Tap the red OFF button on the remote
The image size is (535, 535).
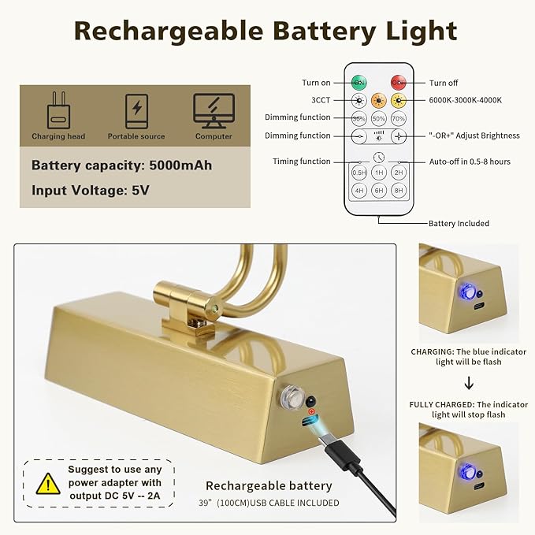399,83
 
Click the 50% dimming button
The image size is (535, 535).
379,118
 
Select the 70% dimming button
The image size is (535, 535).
399,118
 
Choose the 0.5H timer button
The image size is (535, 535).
359,172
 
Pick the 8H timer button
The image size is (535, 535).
399,190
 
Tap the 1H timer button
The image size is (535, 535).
379,172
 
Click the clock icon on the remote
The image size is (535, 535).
379,157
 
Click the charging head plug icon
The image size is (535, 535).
59,110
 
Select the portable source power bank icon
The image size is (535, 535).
136,110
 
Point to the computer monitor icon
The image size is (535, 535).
214,110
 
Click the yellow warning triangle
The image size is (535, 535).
48,482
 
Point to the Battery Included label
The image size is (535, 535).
459,224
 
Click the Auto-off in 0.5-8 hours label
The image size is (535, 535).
469,162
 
